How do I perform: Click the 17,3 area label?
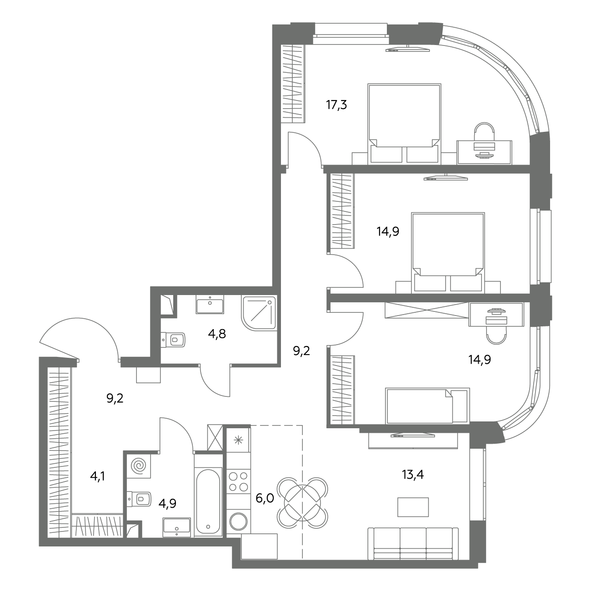[x=336, y=105]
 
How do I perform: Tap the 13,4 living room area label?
[x=413, y=475]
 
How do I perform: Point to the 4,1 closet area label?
[x=98, y=476]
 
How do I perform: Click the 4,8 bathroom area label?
[x=217, y=334]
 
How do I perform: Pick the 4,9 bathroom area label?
[x=167, y=504]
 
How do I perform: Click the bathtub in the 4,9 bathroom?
[x=208, y=501]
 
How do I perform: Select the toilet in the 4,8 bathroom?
[x=173, y=340]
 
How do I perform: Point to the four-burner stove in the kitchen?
[x=239, y=481]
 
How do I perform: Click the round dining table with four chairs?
[x=302, y=503]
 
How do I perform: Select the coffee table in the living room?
[x=413, y=507]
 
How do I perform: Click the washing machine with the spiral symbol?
[x=139, y=466]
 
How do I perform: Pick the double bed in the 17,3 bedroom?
[x=404, y=123]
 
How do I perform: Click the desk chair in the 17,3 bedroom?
[x=484, y=132]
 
